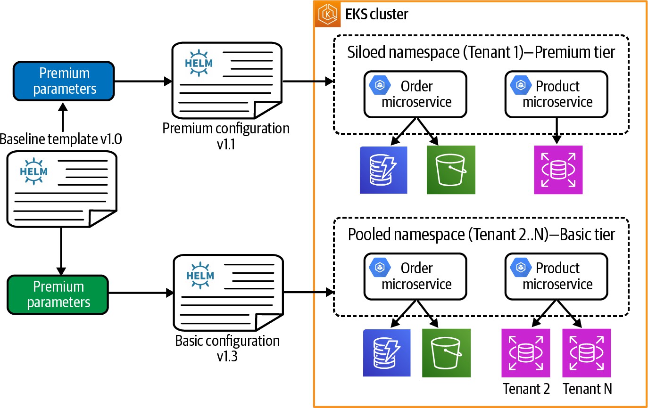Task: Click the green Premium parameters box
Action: [58, 294]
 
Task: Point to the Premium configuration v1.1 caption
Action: [226, 135]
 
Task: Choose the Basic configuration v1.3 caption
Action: [227, 348]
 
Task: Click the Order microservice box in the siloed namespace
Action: [415, 94]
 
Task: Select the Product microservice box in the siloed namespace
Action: [556, 94]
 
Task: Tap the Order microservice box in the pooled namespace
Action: [415, 276]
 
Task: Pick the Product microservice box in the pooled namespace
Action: [556, 276]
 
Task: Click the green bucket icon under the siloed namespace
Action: [451, 170]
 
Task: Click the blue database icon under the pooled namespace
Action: [387, 353]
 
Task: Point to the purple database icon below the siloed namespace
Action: [558, 170]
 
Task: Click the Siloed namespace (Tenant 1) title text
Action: [481, 52]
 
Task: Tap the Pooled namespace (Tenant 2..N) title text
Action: [481, 234]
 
